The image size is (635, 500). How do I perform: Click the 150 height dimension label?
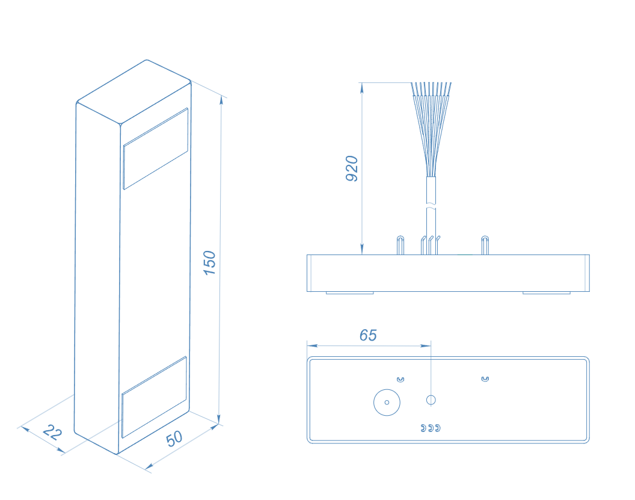209,263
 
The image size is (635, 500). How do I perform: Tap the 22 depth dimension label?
52,432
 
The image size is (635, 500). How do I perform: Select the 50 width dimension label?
174,439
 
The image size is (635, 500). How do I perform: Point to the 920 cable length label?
352,168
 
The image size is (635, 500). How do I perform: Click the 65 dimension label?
368,335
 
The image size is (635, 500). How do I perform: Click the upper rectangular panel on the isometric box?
156,148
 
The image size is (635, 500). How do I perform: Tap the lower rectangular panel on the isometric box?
155,397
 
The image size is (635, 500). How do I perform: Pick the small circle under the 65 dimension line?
431,400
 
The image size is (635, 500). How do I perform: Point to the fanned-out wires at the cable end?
431,129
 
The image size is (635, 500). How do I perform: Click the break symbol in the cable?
431,207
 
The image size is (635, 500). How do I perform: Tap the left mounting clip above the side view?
400,245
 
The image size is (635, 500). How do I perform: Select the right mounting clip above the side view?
485,245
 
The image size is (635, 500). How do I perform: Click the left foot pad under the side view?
350,292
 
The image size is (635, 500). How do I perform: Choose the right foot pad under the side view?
547,292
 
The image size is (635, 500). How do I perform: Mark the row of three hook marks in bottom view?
431,428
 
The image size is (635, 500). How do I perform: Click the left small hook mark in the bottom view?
400,380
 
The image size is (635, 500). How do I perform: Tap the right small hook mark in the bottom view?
485,379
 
